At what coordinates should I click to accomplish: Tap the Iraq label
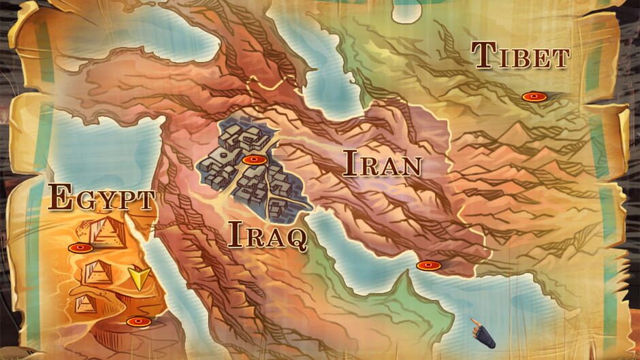coord(267,235)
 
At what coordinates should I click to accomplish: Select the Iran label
coord(382,164)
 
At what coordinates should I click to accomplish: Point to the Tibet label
coord(520,56)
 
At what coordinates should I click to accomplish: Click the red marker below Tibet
coord(534,97)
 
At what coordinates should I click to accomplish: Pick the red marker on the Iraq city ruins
coord(253,160)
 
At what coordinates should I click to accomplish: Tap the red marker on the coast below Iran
coord(428,265)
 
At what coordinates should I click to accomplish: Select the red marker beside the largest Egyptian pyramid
coord(80,248)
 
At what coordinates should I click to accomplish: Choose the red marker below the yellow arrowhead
coord(138,321)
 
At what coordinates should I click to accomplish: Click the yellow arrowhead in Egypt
coord(140,278)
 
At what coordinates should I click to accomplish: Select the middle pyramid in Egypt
coord(99,272)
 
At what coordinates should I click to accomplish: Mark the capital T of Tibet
coord(484,55)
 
